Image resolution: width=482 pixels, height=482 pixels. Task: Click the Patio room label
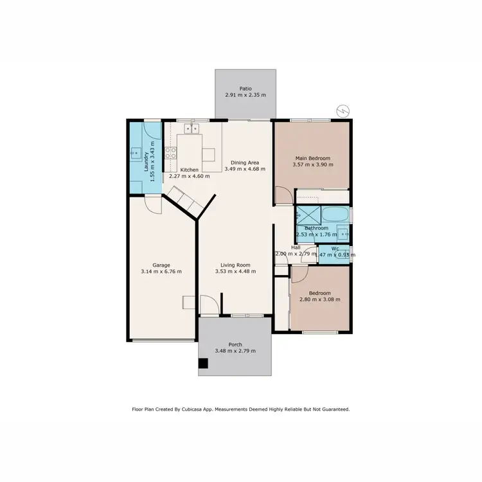pyautogui.click(x=245, y=89)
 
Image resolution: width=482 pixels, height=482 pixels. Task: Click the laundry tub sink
pyautogui.click(x=136, y=153)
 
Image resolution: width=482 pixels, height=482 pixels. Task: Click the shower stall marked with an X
pyautogui.click(x=307, y=214)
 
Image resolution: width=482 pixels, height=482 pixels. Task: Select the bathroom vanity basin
pyautogui.click(x=343, y=233)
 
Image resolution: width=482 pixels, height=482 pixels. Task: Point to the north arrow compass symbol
pyautogui.click(x=343, y=111)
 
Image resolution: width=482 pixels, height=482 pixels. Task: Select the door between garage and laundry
pyautogui.click(x=152, y=204)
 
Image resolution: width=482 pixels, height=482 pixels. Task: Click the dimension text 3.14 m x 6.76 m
pyautogui.click(x=161, y=272)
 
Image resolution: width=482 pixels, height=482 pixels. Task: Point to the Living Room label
pyautogui.click(x=235, y=265)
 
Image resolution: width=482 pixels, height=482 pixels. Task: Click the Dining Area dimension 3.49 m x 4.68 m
pyautogui.click(x=245, y=169)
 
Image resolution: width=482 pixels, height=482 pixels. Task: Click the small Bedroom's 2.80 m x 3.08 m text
pyautogui.click(x=319, y=299)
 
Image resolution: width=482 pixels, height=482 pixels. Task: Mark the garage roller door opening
pyautogui.click(x=163, y=340)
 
